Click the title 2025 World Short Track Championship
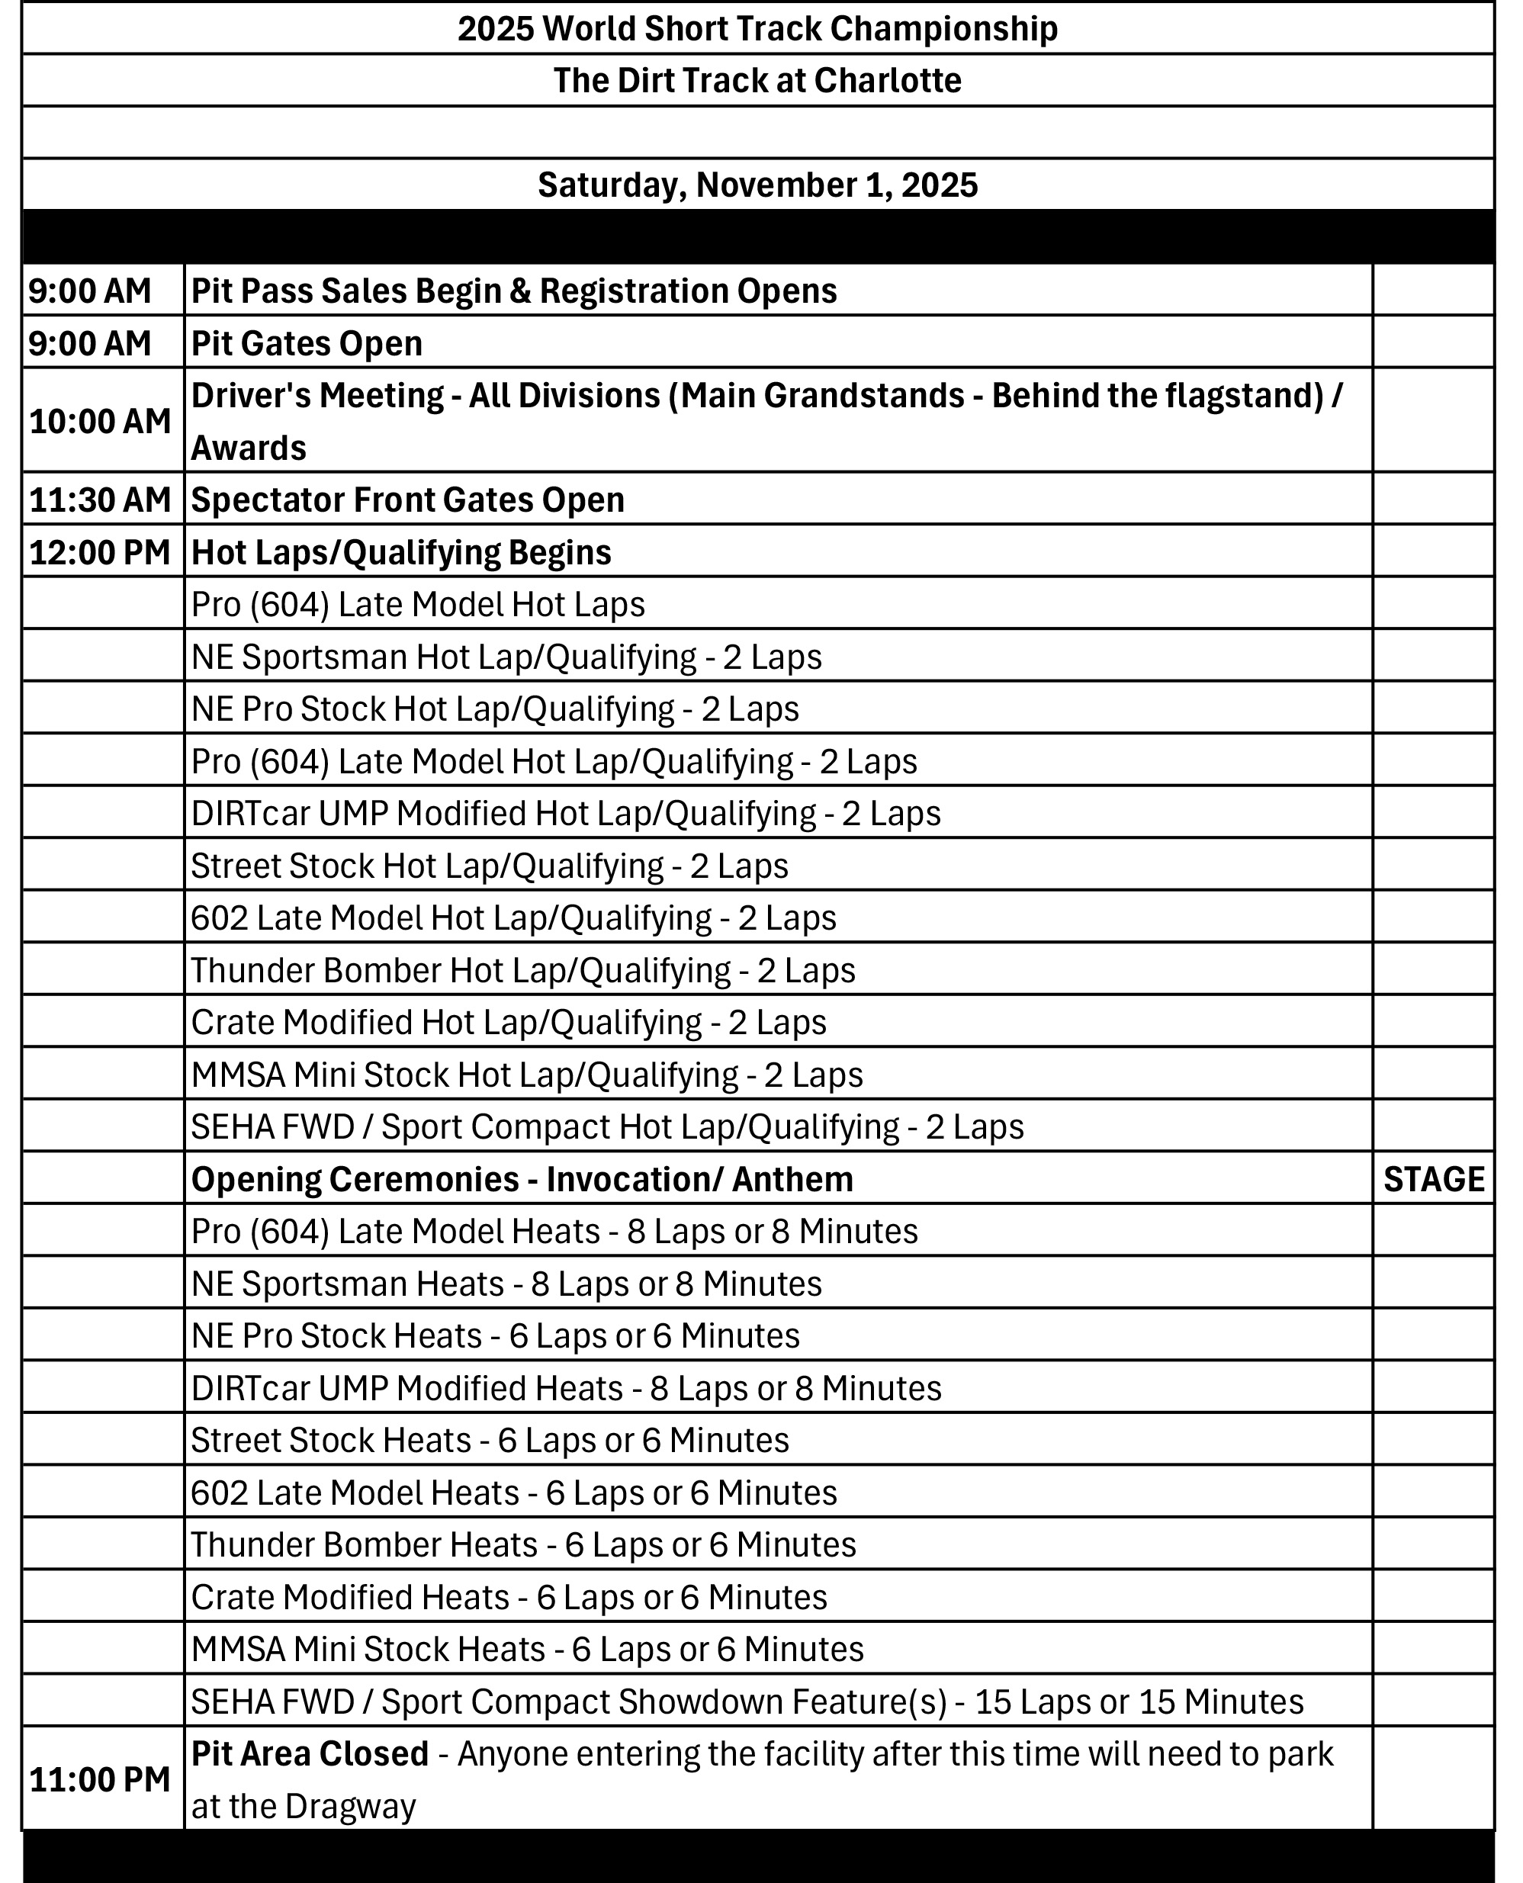click(757, 29)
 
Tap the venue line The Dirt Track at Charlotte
click(757, 81)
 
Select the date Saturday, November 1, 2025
click(757, 185)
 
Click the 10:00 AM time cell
click(100, 421)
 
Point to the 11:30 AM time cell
click(100, 500)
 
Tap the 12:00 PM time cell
click(100, 553)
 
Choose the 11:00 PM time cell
click(100, 1779)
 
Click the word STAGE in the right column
click(1434, 1179)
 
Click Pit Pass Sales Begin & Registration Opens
click(514, 291)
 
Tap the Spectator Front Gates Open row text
click(408, 500)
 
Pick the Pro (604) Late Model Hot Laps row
click(418, 605)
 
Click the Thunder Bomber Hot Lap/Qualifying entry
click(523, 970)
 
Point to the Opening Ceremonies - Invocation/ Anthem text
click(522, 1179)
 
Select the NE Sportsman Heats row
click(506, 1284)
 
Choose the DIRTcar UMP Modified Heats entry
click(566, 1388)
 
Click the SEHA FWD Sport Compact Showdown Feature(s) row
click(747, 1701)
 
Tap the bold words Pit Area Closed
click(310, 1754)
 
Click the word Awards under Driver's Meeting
click(249, 448)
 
